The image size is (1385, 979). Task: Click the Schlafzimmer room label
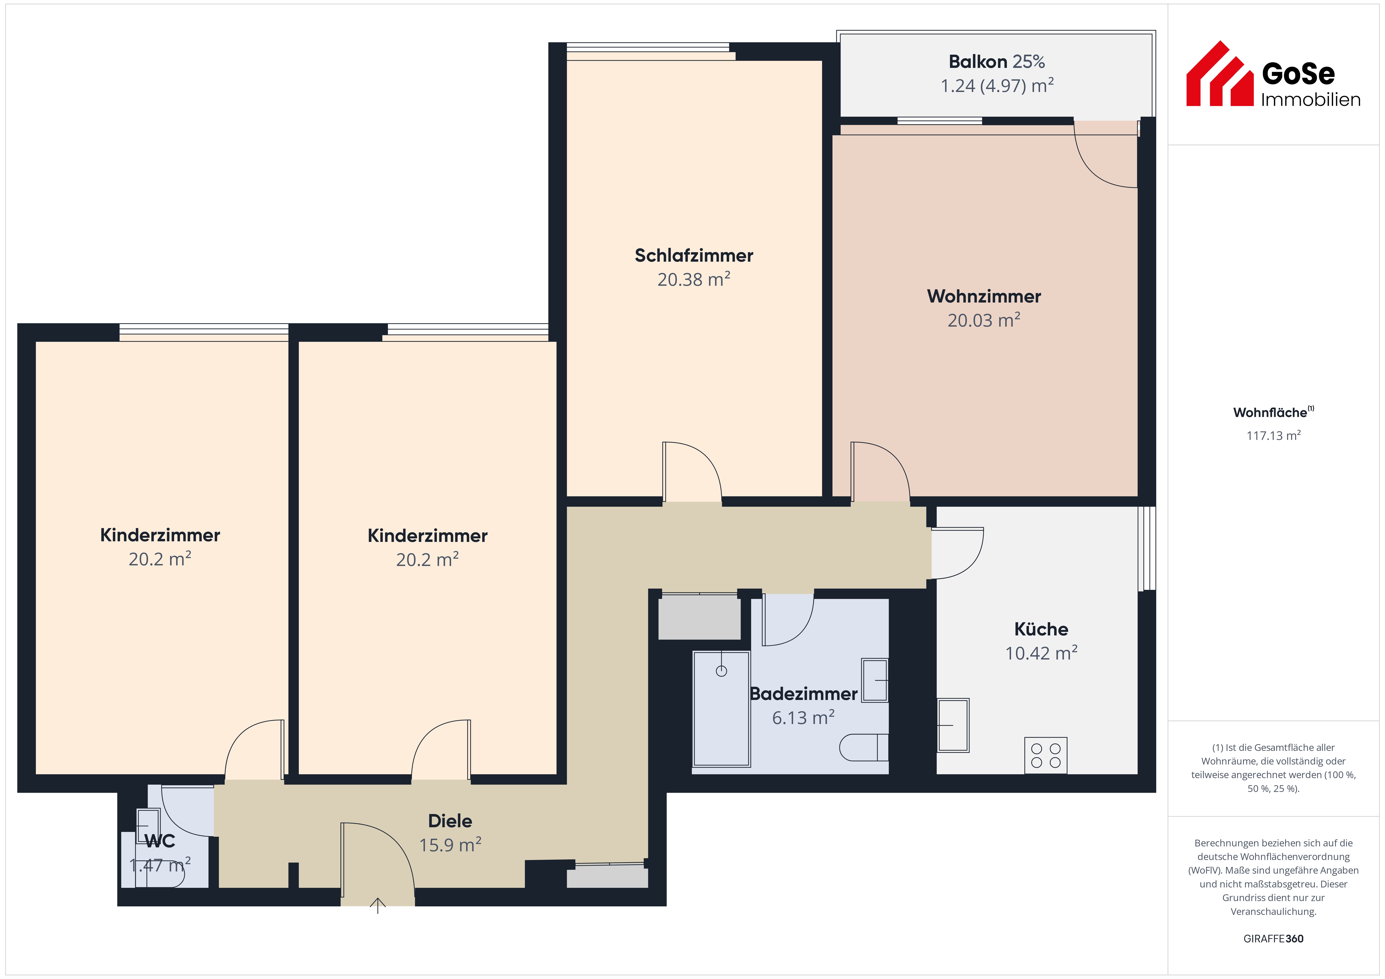click(694, 256)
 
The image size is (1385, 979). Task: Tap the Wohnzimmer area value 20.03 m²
click(984, 320)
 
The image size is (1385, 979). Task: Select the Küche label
click(1041, 629)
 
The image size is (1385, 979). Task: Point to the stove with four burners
click(1045, 755)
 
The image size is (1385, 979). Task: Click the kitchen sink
click(953, 725)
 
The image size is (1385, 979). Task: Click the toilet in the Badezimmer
click(864, 747)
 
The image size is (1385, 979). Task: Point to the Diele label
click(450, 821)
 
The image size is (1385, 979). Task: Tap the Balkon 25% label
click(997, 62)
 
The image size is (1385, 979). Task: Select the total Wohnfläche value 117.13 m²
click(1273, 436)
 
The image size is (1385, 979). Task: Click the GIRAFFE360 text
click(1273, 939)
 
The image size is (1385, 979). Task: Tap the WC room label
click(160, 841)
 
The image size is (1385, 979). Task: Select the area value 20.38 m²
click(694, 279)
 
